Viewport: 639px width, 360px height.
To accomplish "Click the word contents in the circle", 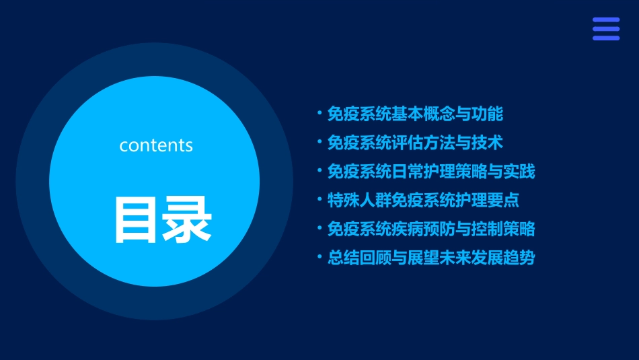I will pos(156,145).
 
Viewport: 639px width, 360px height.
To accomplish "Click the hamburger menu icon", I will pos(606,29).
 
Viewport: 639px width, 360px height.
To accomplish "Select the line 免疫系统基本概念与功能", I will pos(415,114).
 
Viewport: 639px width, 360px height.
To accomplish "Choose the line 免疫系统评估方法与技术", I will pos(415,143).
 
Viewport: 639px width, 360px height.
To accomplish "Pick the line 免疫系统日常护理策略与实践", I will pos(431,171).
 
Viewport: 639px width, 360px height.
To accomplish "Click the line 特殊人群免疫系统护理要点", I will pos(423,200).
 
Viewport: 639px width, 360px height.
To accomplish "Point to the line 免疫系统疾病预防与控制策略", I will pos(431,229).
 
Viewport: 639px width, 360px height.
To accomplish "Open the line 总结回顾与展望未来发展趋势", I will pos(431,258).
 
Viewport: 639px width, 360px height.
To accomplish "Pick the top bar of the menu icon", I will pos(606,20).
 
